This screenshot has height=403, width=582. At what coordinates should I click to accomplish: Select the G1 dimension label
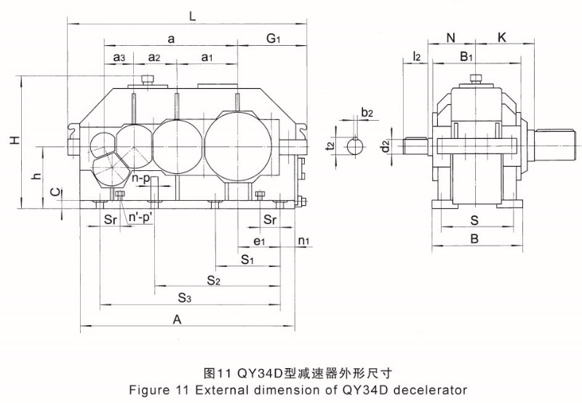click(x=274, y=39)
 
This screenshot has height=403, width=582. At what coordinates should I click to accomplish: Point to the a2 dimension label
click(x=154, y=57)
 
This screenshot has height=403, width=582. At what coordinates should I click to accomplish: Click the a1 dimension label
click(x=207, y=57)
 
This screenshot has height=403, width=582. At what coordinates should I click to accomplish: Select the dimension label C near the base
click(x=54, y=193)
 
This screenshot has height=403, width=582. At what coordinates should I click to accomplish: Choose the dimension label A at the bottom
click(x=177, y=319)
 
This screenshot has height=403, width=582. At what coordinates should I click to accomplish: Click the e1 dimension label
click(x=258, y=240)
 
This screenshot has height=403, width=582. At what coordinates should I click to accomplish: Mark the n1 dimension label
click(x=303, y=240)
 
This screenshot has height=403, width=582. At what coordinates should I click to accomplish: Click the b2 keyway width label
click(x=367, y=113)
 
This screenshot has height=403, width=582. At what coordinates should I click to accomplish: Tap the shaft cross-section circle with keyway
click(x=356, y=146)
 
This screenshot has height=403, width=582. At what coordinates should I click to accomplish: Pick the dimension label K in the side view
click(x=503, y=37)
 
